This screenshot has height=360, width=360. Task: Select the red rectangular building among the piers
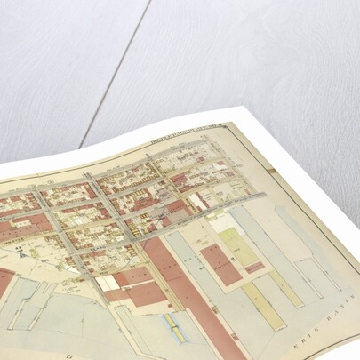click(x=219, y=264)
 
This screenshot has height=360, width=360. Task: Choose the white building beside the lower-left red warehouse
click(x=108, y=282)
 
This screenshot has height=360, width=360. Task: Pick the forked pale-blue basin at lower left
click(x=36, y=293)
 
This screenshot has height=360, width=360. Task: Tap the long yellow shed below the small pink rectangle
click(x=264, y=298)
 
